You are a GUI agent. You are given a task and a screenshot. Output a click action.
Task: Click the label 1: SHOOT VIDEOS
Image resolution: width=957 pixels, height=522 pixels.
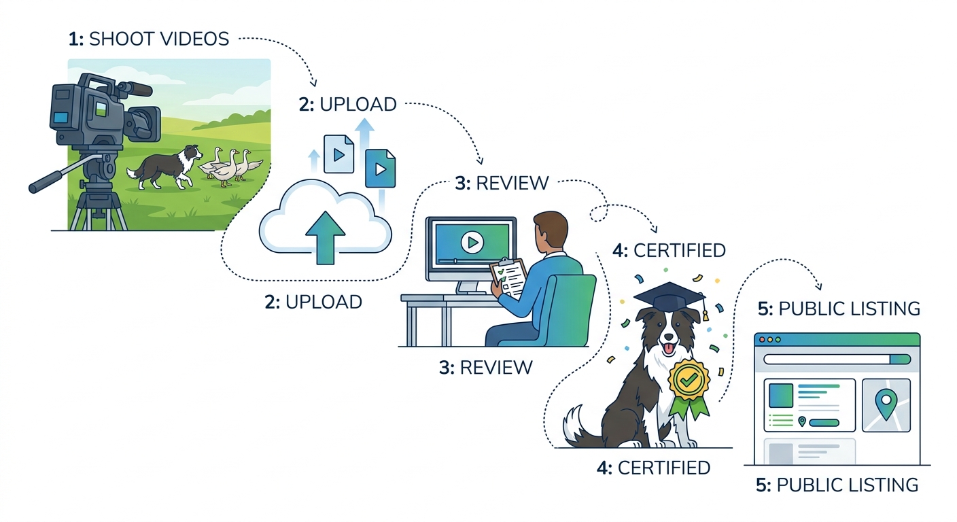(x=148, y=39)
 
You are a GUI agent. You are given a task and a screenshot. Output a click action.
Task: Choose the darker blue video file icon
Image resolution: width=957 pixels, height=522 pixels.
(x=380, y=169)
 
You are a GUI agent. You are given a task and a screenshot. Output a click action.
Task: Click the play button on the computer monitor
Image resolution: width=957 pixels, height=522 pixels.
(x=471, y=242)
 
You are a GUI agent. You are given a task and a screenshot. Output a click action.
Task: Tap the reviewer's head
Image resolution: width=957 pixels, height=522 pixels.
(x=551, y=231)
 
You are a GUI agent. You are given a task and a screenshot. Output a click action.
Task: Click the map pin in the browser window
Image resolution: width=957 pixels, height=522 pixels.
(x=885, y=403)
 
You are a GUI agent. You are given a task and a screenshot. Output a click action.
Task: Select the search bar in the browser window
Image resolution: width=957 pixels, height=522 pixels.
(x=836, y=360)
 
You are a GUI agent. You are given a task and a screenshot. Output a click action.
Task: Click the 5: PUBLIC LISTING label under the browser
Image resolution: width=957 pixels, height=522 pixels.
(x=837, y=485)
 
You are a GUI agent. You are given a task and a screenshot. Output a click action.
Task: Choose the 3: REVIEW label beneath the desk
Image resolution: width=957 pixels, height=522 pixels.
(x=485, y=368)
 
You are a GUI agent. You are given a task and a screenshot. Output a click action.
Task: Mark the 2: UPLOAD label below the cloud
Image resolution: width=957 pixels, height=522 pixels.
(x=313, y=302)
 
